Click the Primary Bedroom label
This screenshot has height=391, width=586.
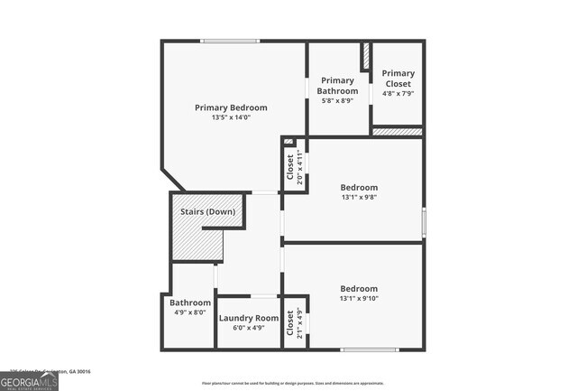click(x=231, y=107)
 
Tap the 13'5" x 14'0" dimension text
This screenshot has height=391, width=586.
click(x=231, y=117)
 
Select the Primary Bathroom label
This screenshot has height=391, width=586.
click(x=337, y=85)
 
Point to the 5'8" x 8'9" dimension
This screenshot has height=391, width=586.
click(x=337, y=100)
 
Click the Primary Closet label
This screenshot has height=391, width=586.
click(x=398, y=79)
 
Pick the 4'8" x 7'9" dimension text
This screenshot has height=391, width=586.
click(x=398, y=93)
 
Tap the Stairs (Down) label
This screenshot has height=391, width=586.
click(x=207, y=211)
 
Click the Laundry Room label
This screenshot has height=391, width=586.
click(x=249, y=318)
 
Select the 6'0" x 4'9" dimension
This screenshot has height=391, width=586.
click(x=249, y=328)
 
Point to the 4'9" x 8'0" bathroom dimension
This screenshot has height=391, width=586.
click(x=190, y=312)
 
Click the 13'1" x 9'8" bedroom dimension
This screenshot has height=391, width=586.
click(x=359, y=198)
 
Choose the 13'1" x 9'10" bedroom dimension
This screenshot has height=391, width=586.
click(x=359, y=299)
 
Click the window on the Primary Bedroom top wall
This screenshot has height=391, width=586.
click(x=230, y=41)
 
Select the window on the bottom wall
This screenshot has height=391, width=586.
click(x=369, y=349)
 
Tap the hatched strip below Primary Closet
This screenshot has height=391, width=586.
click(x=397, y=132)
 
